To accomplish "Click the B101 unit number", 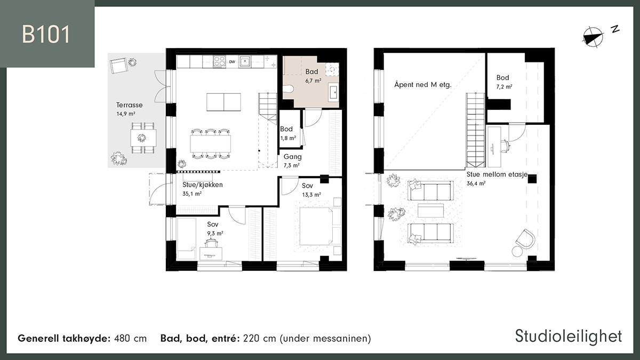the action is pyautogui.click(x=46, y=35).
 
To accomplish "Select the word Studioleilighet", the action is pyautogui.click(x=569, y=337).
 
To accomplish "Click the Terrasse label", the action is pyautogui.click(x=130, y=105).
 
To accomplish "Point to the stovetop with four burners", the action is pyautogui.click(x=219, y=62).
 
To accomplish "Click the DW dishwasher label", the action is pyautogui.click(x=232, y=62).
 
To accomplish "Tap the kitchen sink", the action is pyautogui.click(x=245, y=61).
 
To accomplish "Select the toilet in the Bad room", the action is pyautogui.click(x=288, y=89).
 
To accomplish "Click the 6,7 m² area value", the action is pyautogui.click(x=313, y=81).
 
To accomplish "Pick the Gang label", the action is pyautogui.click(x=293, y=157).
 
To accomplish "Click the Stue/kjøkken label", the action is pyautogui.click(x=203, y=185).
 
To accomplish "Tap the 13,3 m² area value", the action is pyautogui.click(x=311, y=195).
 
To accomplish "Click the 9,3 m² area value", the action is pyautogui.click(x=215, y=234).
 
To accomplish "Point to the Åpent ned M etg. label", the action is pyautogui.click(x=423, y=85).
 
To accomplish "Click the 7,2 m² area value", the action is pyautogui.click(x=505, y=86).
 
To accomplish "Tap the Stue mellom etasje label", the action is pyautogui.click(x=497, y=174).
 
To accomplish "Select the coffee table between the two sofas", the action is pyautogui.click(x=431, y=211).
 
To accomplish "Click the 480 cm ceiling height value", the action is pyautogui.click(x=130, y=339).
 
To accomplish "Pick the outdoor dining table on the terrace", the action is pyautogui.click(x=143, y=138).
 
